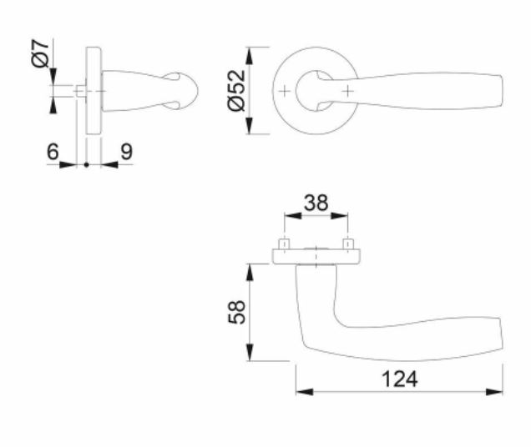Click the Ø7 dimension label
pyautogui.click(x=41, y=53)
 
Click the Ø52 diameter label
pyautogui.click(x=236, y=90)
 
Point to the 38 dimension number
pyautogui.click(x=316, y=203)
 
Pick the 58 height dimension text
pyautogui.click(x=236, y=312)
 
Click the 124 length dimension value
pyautogui.click(x=400, y=379)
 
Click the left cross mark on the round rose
pyautogui.click(x=285, y=91)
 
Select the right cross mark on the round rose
pyautogui.click(x=348, y=91)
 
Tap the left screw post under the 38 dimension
pyautogui.click(x=284, y=244)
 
